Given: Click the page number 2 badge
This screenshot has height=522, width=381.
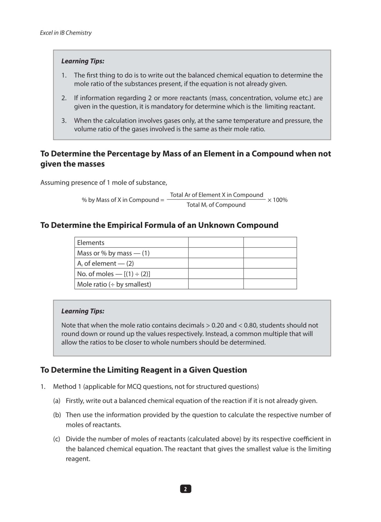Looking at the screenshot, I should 185,489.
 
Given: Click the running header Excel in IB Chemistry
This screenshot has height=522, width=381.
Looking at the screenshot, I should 66,33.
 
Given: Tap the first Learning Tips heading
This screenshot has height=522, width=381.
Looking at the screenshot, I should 83,61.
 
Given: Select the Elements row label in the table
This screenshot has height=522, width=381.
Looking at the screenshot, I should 91,243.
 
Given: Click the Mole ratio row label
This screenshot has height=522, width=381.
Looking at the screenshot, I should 114,284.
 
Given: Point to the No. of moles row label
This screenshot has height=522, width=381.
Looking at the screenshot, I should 113,274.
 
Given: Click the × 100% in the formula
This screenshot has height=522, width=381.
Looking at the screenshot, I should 277,200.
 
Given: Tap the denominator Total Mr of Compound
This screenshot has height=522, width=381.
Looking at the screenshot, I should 216,205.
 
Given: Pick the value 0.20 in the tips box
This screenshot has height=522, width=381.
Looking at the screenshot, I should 218,325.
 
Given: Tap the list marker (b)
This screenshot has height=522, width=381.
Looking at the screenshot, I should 57,415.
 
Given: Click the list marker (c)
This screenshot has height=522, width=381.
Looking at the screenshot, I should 57,439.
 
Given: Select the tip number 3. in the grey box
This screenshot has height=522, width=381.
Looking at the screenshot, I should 64,121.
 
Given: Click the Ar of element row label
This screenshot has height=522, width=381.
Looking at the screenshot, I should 105,263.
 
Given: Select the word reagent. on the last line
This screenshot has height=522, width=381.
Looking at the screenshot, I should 78,459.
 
